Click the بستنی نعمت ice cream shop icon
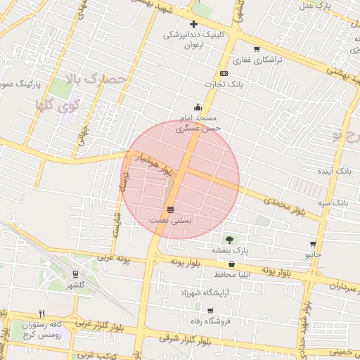click(170, 210)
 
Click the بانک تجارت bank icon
click(224, 73)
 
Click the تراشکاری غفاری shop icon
click(256, 49)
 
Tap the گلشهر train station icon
click(75, 274)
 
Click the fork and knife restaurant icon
click(41, 314)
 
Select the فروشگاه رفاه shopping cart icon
click(210, 310)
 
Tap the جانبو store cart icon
click(312, 244)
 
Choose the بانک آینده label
click(334, 171)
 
